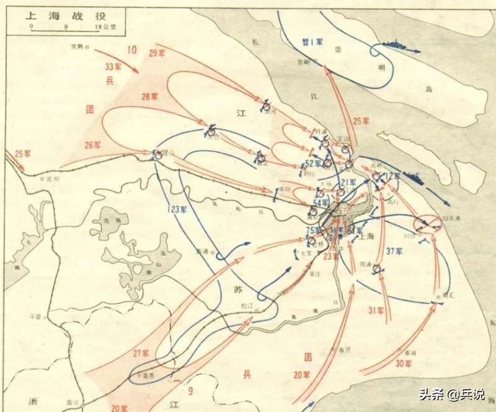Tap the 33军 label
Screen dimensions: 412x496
click(115, 66)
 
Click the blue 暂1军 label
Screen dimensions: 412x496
click(312, 43)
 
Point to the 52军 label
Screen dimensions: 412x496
click(313, 164)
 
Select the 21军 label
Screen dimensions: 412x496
click(348, 183)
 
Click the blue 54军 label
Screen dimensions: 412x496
click(321, 203)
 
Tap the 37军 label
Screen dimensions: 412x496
click(394, 251)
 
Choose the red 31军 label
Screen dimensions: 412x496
click(376, 310)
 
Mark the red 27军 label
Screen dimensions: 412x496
click(141, 354)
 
